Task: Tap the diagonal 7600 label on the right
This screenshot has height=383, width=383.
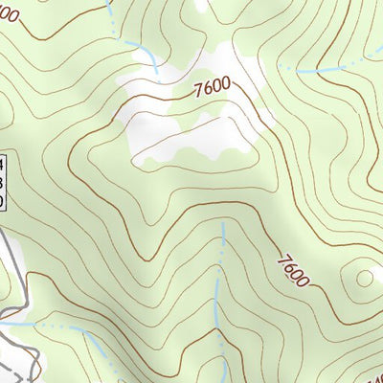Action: click(294, 270)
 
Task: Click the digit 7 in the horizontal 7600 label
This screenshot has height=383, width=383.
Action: click(197, 94)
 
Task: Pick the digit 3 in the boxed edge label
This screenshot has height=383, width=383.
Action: click(2, 181)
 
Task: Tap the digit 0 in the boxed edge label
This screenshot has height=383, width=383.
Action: click(2, 200)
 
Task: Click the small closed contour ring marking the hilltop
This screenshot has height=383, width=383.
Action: click(363, 279)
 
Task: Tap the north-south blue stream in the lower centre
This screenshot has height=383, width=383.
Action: click(220, 287)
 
